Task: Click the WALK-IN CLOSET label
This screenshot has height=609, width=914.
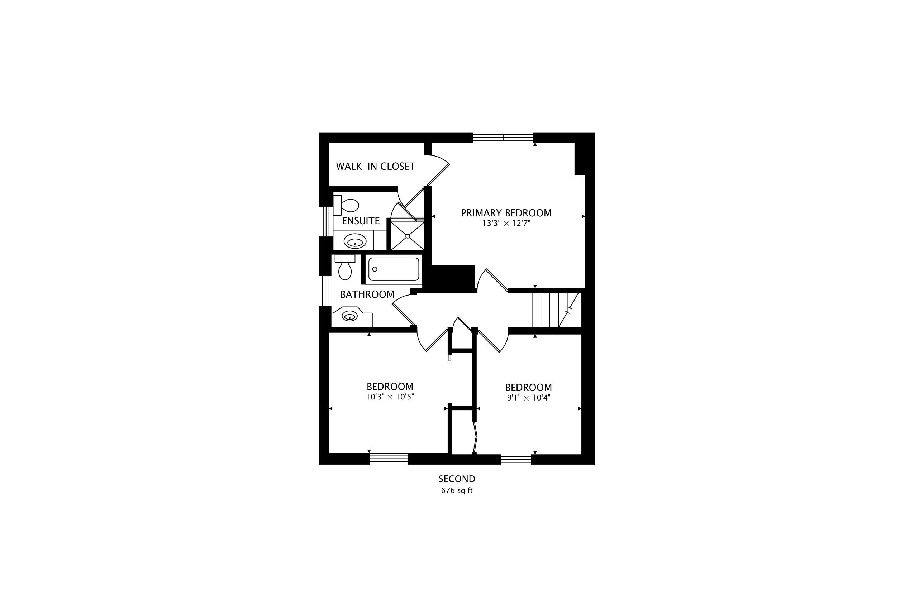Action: point(375,167)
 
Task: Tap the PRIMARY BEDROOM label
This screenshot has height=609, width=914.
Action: point(506,213)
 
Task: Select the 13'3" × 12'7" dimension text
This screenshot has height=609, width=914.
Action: point(506,224)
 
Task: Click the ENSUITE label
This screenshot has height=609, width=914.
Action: point(361,221)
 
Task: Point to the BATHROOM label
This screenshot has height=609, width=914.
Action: point(367,294)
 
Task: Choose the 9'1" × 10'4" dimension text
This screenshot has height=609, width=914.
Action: point(528,398)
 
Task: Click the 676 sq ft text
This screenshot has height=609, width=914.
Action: point(457,490)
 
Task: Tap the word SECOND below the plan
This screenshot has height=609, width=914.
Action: point(457,479)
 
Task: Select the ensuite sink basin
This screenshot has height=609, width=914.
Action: point(355,241)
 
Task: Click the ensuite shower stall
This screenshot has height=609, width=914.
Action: point(407,235)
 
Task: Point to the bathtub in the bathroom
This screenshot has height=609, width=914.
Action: point(394,269)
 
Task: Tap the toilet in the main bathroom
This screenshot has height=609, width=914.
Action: point(345,267)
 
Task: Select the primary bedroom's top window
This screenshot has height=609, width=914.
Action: point(503,138)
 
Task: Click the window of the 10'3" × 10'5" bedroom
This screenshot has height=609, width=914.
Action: point(389,459)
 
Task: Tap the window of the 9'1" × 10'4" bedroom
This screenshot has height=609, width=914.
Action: point(516,460)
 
